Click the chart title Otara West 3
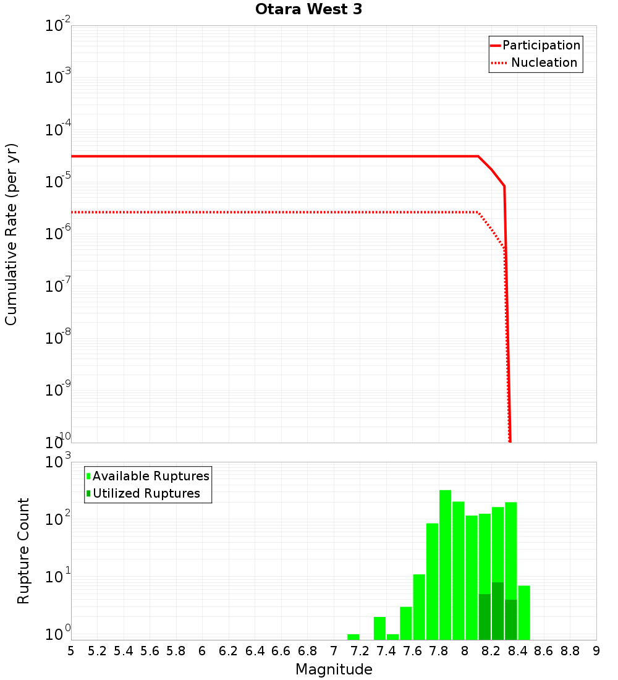point(309,10)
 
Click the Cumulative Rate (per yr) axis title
point(11,234)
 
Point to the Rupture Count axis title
point(23,551)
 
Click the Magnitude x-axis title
point(334,669)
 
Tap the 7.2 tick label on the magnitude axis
point(360,651)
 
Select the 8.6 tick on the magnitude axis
point(544,651)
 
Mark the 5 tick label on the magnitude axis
point(71,651)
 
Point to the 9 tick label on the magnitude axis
point(596,651)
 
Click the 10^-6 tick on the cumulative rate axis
point(58,232)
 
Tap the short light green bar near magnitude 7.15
point(353,637)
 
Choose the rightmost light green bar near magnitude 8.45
point(524,612)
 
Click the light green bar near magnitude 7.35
point(379,628)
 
